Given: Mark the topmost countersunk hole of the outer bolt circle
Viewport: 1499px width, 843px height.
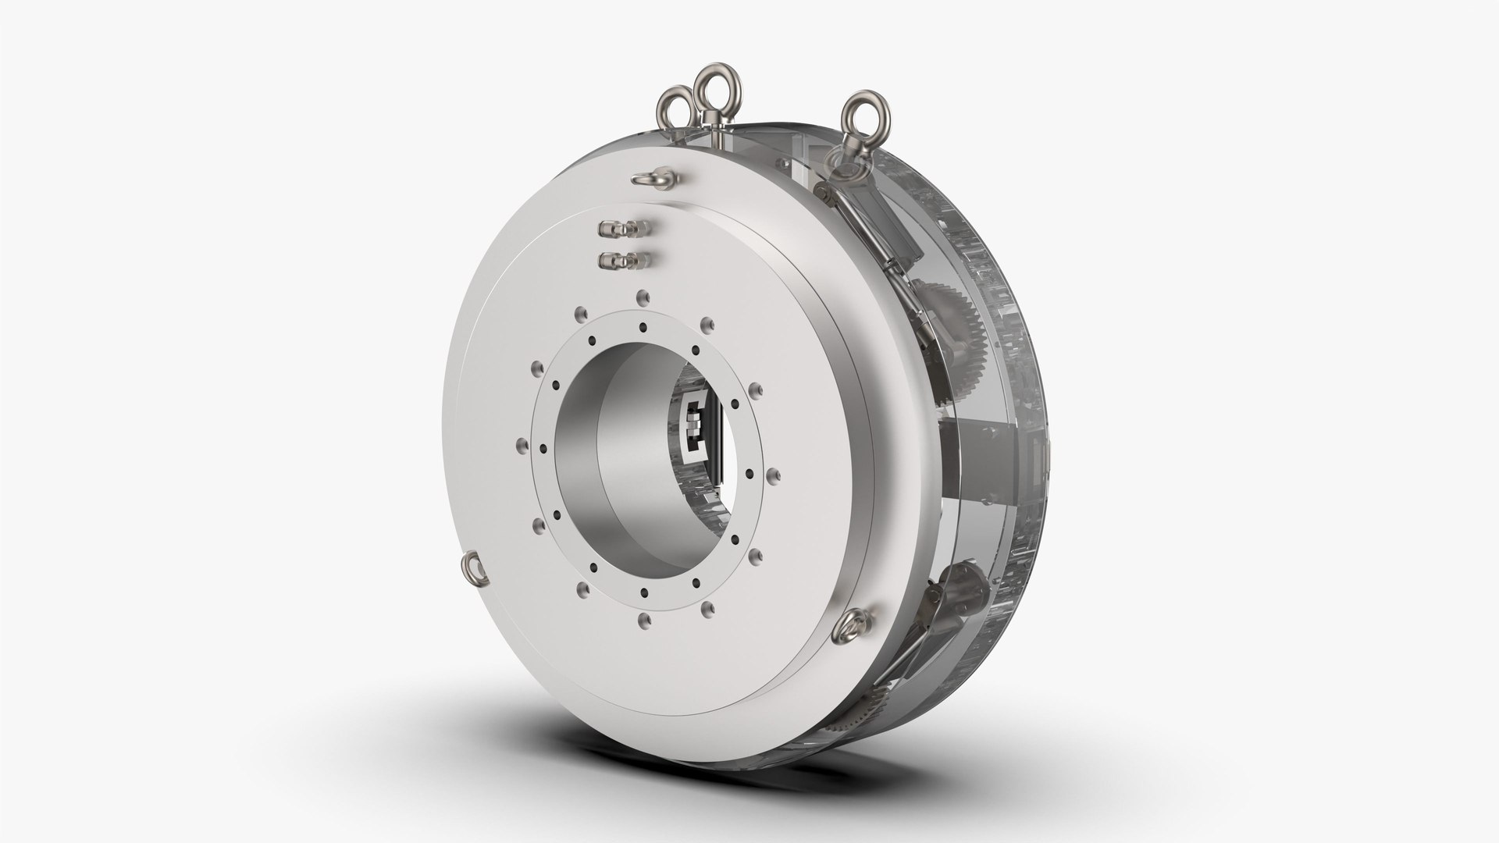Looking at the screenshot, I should coord(641,295).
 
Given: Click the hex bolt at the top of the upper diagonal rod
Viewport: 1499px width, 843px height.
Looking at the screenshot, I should coord(821,190).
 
